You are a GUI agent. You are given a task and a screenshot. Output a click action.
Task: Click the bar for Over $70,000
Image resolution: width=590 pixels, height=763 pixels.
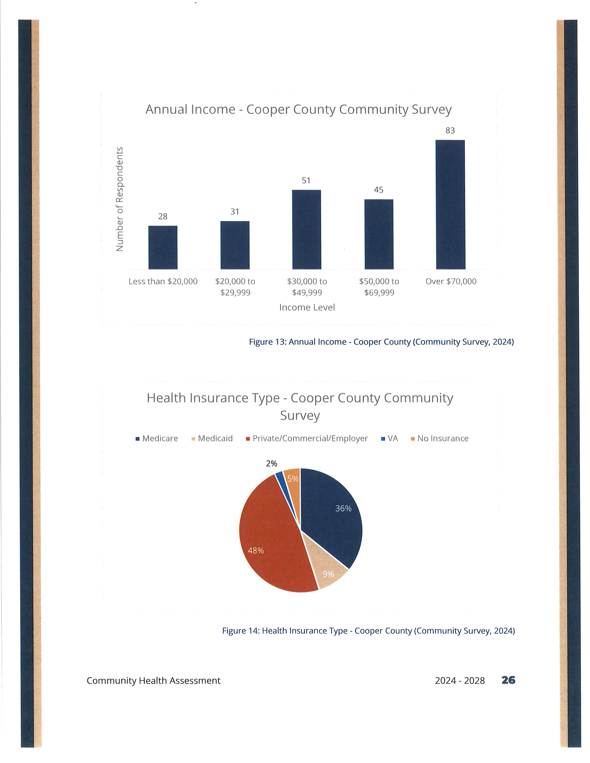coord(450,204)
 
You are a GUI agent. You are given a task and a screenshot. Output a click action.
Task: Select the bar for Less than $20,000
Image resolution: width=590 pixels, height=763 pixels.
coord(163,247)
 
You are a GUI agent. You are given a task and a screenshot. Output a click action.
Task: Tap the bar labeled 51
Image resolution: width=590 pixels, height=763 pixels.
coord(307,230)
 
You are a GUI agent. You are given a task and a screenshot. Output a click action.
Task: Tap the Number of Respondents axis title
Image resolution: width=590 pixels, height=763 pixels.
coord(120,199)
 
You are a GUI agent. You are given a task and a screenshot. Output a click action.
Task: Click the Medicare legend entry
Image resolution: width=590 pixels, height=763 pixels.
coord(157,438)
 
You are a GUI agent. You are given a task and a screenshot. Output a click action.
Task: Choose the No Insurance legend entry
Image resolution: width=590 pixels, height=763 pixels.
coord(439,438)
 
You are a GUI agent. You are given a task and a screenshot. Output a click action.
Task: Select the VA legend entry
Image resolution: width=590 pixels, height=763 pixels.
coord(389,438)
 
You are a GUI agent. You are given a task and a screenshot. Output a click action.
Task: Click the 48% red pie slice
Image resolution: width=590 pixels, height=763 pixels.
coord(271,538)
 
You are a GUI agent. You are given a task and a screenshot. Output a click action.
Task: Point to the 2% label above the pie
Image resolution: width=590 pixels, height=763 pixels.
coord(272,464)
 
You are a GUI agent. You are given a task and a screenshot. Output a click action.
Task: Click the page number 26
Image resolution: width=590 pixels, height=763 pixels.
coord(508,680)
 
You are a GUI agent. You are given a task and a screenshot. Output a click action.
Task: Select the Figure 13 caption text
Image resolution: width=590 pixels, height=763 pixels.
coord(381,342)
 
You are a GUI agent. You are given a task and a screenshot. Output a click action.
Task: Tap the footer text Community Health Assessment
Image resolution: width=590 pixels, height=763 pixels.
coord(153,680)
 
